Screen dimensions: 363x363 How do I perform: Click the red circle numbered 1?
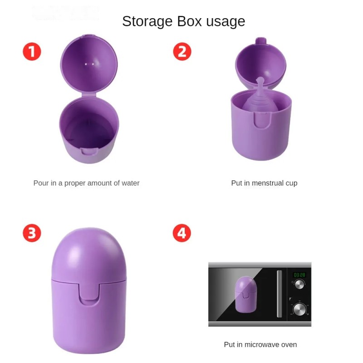32,52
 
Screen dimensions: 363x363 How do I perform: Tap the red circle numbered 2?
182,52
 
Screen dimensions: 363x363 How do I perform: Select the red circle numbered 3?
32,233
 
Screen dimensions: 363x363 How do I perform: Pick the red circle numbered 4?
182,233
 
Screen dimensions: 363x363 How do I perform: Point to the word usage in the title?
225,21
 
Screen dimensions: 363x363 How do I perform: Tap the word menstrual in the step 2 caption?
267,183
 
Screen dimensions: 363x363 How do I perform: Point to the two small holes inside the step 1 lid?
89,64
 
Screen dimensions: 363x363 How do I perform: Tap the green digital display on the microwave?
299,275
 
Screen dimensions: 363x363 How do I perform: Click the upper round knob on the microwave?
299,285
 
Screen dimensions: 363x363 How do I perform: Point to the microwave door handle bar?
279,294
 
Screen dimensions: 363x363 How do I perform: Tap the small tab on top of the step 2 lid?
260,41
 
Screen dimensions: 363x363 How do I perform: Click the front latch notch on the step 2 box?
260,121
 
